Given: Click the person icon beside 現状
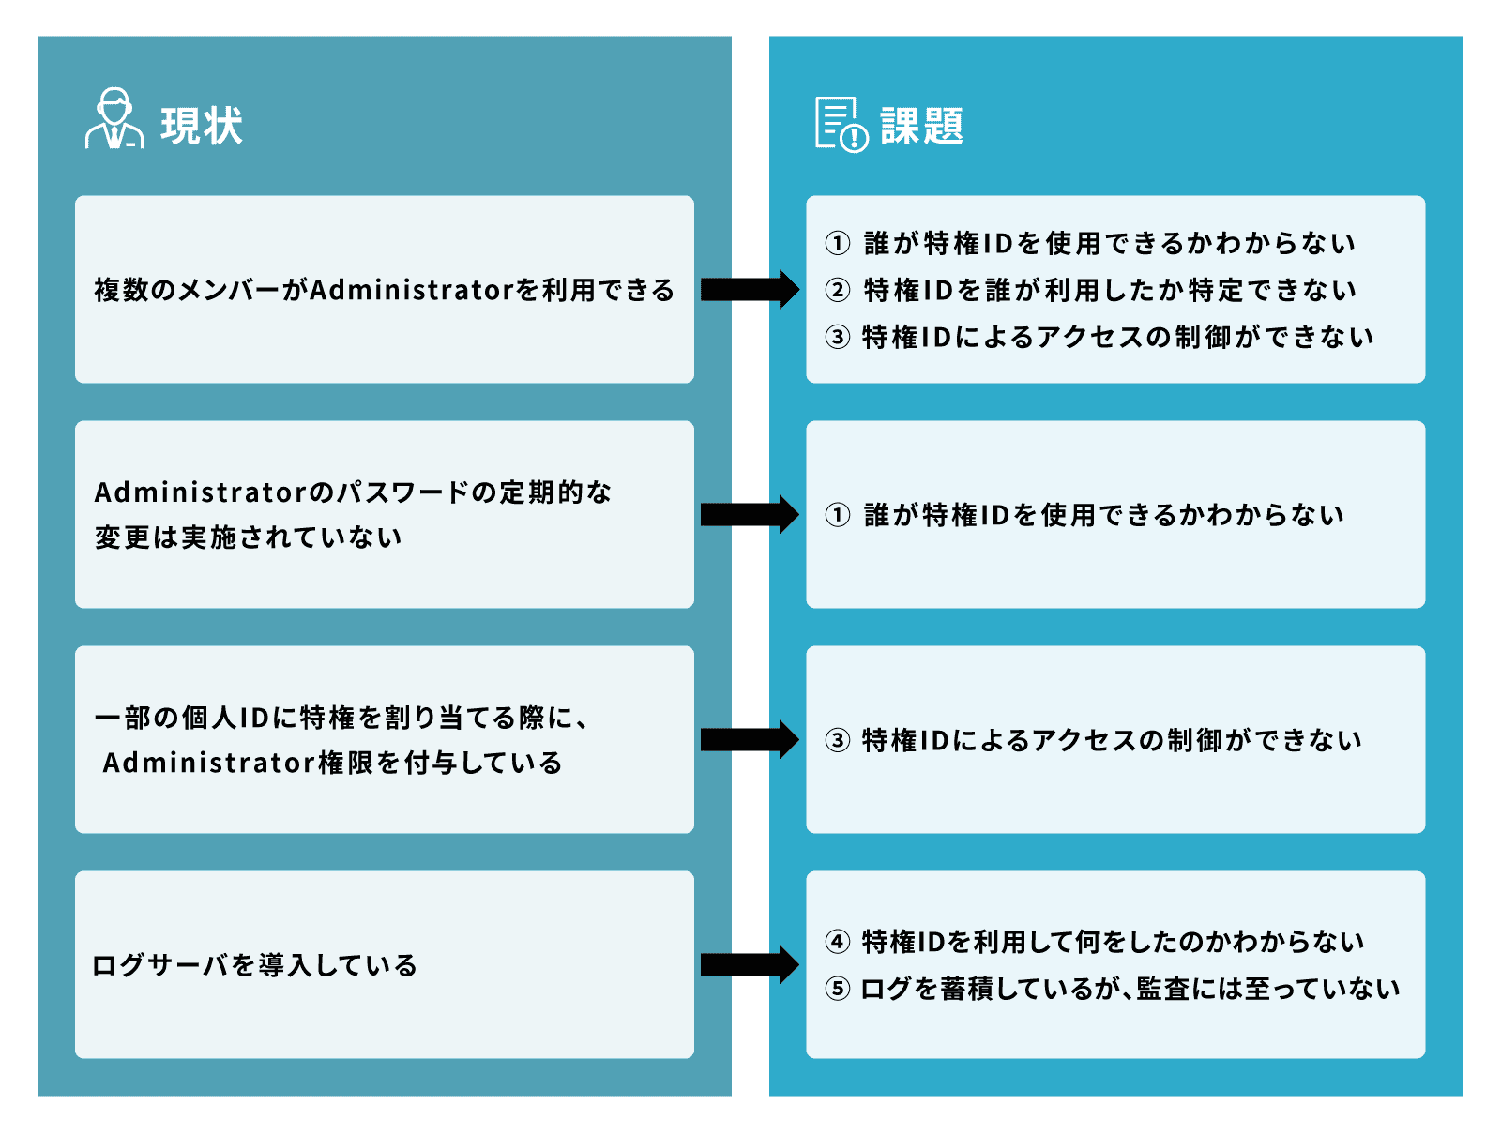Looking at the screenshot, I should pos(114,119).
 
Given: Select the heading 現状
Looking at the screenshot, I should pos(202,126).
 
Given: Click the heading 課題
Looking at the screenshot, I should pos(921,126).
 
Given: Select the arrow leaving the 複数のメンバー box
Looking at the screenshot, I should pos(750,290).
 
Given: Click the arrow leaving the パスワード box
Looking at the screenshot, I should pos(750,515).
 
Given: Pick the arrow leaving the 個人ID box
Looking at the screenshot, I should pos(750,740).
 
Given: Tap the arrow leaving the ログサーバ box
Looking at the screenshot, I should pos(750,965).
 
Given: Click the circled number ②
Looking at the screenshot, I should pos(838,291).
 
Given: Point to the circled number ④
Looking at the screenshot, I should pos(838,942).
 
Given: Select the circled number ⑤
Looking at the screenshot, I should pos(838,989).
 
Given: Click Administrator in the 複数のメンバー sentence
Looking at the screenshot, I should pos(412,291).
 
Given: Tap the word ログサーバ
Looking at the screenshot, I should pos(160,965).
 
